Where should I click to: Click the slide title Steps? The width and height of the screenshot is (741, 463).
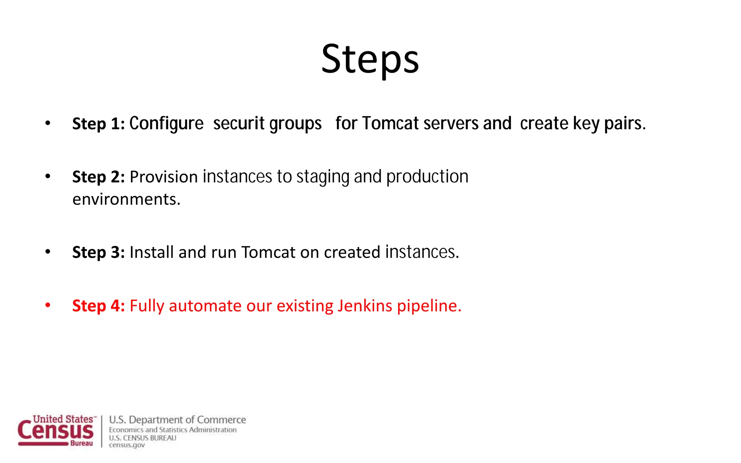[x=370, y=59]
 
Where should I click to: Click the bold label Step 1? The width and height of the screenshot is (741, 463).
[x=98, y=124]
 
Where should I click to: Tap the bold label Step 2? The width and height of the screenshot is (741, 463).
[x=98, y=177]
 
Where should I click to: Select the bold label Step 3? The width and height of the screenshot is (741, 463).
[x=98, y=252]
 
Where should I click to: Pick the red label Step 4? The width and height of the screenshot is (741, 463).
[x=98, y=306]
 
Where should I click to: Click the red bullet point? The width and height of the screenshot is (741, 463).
[x=48, y=305]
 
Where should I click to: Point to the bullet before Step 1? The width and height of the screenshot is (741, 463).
[x=48, y=123]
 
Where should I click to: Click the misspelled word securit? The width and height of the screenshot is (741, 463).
[x=239, y=123]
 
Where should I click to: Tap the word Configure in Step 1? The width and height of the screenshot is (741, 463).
[x=166, y=124]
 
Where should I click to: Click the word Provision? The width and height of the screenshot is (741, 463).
[x=164, y=177]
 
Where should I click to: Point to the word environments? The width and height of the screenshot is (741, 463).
[x=126, y=199]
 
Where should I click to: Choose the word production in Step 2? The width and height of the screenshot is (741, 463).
[x=427, y=177]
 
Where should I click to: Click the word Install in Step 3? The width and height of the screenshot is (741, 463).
[x=152, y=252]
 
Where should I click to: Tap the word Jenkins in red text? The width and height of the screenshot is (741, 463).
[x=365, y=306]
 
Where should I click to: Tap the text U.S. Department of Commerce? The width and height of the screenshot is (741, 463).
[x=177, y=420]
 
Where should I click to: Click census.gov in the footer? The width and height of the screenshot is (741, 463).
[x=127, y=445]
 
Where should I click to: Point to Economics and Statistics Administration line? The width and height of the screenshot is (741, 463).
[x=173, y=430]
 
